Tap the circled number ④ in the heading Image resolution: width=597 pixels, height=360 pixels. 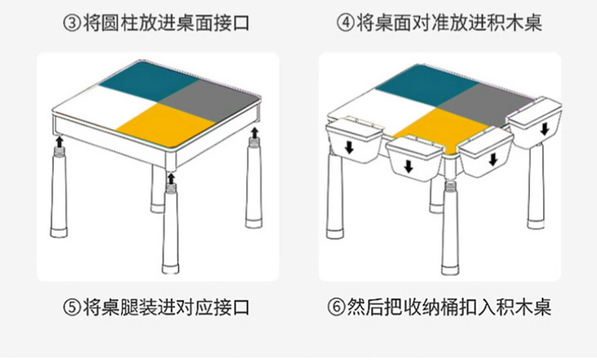tap(345, 23)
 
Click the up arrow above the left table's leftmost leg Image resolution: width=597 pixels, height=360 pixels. tap(59, 140)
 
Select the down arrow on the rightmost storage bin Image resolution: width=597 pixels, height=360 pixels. tap(543, 129)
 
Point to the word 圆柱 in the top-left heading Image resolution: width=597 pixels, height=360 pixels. tap(125, 23)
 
